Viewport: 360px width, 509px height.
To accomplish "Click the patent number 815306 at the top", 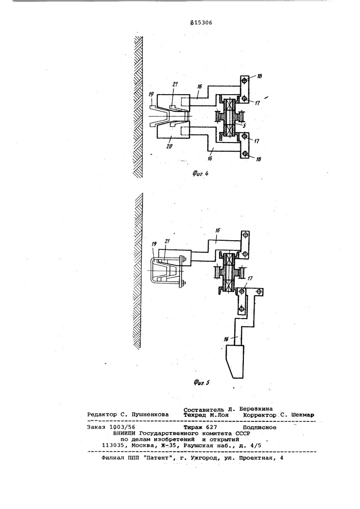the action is point(201,23).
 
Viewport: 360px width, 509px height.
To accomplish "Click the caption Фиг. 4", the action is point(200,174).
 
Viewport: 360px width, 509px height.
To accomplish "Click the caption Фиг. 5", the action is point(202,383).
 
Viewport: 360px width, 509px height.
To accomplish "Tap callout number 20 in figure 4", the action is point(170,147).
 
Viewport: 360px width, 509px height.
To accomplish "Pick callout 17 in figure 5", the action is point(251,278).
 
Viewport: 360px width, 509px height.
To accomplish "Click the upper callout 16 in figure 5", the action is point(217,230).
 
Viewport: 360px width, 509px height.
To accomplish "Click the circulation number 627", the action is point(211,427).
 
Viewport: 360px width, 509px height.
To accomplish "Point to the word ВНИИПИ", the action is point(124,433).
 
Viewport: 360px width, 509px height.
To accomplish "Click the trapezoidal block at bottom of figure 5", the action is point(234,361).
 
